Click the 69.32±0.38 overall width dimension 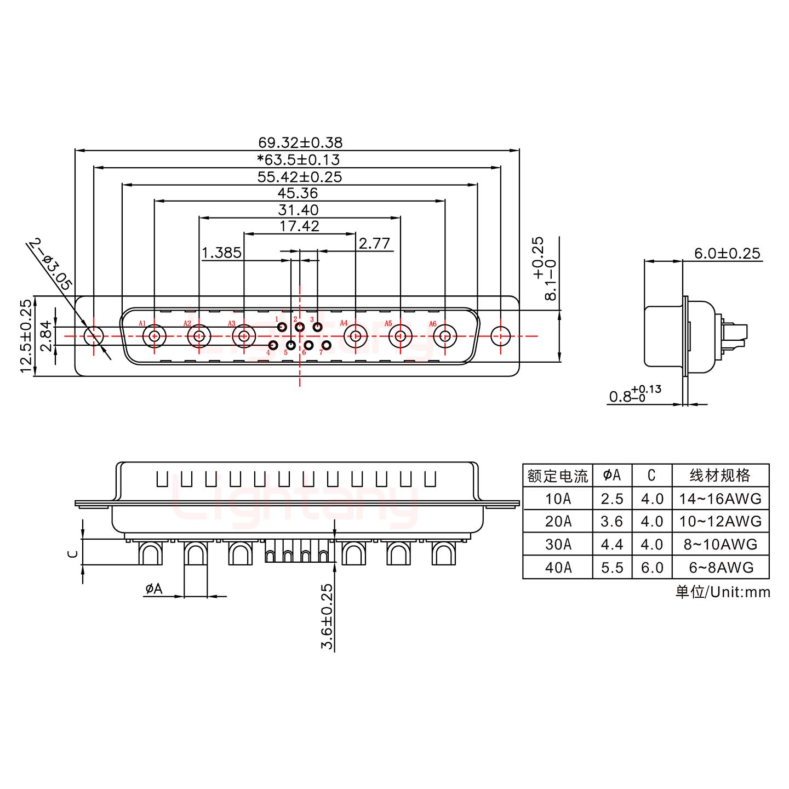pos(300,142)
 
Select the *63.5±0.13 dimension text pos(299,159)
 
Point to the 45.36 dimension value pos(298,193)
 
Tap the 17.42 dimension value pos(299,226)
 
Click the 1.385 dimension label pos(221,253)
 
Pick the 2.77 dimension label pos(374,243)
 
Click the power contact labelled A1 pos(155,336)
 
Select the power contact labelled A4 pos(356,336)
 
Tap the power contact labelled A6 pos(445,336)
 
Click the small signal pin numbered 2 pos(300,328)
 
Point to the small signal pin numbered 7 pos(327,345)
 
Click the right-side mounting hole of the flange pos(500,336)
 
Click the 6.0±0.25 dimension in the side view pos(727,253)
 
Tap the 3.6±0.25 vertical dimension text pos(327,616)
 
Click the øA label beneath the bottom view pos(154,589)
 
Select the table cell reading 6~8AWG pos(721,568)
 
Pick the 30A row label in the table pos(558,545)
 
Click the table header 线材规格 pos(721,475)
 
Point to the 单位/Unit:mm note pos(723,592)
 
